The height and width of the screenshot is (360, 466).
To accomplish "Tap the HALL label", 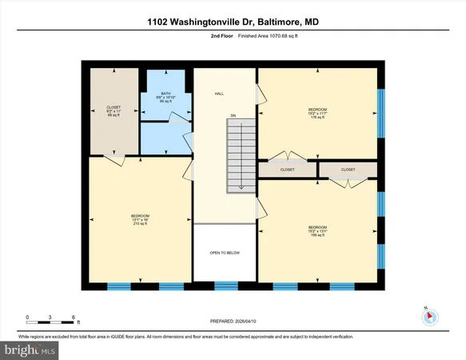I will (x=218, y=94).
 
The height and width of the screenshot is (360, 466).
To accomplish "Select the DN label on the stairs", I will (x=234, y=117).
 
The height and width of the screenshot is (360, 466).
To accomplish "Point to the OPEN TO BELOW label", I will (x=225, y=253).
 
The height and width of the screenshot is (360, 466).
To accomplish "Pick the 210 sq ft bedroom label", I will (x=141, y=219).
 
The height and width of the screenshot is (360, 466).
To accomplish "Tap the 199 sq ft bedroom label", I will (x=317, y=230).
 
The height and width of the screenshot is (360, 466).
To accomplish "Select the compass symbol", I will (x=429, y=316).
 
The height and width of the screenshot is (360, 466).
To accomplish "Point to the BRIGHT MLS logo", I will (x=30, y=350).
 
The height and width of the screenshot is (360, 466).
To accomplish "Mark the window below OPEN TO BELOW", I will (x=226, y=285).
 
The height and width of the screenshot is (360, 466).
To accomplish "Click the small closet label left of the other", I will (x=286, y=170).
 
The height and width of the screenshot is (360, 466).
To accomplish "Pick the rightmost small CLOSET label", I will (x=348, y=170).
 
